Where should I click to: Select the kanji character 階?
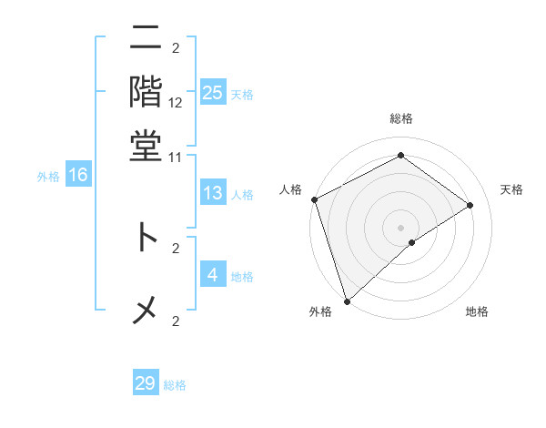pos(146,92)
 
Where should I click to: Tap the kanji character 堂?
pos(146,146)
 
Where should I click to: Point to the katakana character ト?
pos(147,238)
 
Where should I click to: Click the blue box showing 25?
pos(213,93)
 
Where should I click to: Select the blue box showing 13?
pos(213,193)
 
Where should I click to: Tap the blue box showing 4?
pos(213,274)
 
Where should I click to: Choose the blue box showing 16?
pos(78,176)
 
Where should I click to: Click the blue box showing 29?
pos(146,383)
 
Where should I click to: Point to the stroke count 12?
pos(176,103)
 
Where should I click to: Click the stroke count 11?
pos(176,157)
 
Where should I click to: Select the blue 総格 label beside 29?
pos(175,385)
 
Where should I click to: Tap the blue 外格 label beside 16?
pos(48,177)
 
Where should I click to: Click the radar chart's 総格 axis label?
pos(400,119)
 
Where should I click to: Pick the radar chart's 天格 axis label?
pos(512,189)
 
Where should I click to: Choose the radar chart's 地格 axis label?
pos(477,312)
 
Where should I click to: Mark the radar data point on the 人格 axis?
pos(313,199)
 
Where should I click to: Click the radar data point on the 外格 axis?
pos(347,301)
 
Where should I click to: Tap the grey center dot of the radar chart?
pos(400,227)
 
